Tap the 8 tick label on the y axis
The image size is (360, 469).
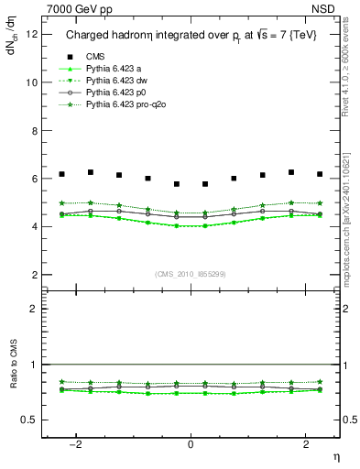coord(34,130)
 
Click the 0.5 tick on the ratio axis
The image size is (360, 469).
coord(29,420)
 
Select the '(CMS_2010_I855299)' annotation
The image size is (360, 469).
coord(191,273)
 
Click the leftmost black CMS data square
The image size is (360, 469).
coord(61,174)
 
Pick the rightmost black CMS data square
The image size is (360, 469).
coord(320,174)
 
